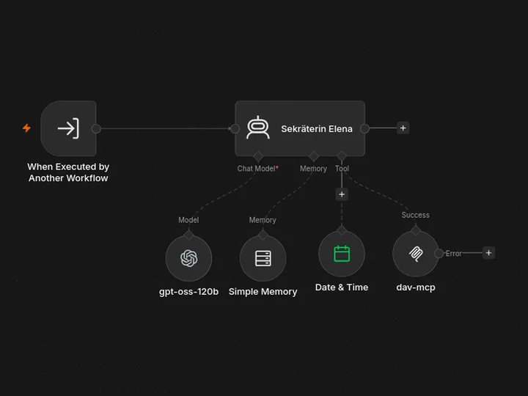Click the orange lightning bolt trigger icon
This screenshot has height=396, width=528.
click(26, 128)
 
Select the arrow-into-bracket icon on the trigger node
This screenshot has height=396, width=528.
click(68, 128)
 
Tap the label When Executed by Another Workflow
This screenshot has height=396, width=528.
click(68, 172)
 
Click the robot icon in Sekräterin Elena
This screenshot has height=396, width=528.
click(258, 128)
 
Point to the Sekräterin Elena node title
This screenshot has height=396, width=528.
click(317, 128)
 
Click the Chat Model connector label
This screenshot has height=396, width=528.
click(257, 169)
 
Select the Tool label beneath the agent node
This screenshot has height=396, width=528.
click(342, 169)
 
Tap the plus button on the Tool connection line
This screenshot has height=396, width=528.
click(342, 194)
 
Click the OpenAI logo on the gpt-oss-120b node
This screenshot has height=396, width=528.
click(189, 258)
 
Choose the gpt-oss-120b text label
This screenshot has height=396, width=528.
click(189, 292)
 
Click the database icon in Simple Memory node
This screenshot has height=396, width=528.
click(263, 258)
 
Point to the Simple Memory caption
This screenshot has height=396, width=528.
click(263, 292)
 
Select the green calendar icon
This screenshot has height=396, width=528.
click(342, 254)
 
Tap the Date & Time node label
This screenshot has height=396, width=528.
click(342, 287)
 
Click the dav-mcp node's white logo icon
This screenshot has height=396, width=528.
click(416, 254)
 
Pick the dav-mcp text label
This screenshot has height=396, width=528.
click(416, 287)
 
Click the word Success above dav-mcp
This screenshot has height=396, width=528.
click(416, 215)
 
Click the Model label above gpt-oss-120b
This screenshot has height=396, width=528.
click(188, 220)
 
